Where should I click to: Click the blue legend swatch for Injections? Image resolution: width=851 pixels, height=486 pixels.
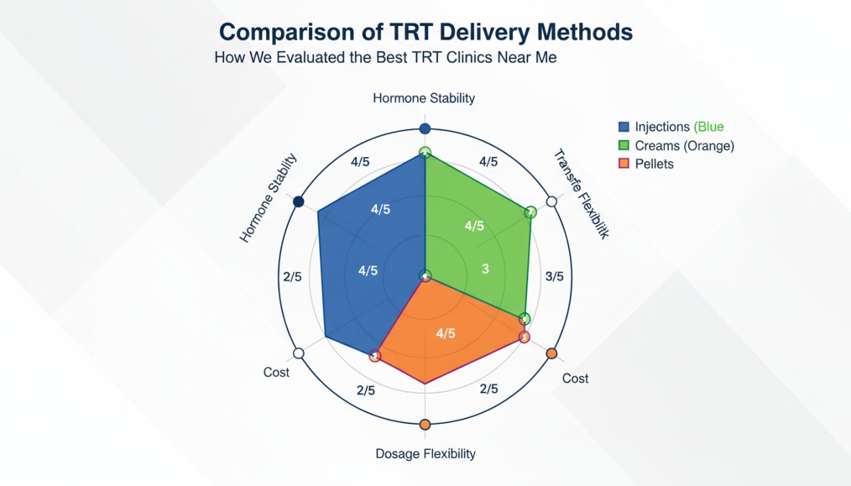[623, 127]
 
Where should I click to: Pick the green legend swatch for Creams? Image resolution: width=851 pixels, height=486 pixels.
[623, 146]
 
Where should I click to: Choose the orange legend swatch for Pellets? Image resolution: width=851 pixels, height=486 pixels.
[623, 164]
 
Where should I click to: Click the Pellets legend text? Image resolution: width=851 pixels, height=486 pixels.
[654, 164]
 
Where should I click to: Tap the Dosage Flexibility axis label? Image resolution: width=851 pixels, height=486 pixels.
[425, 454]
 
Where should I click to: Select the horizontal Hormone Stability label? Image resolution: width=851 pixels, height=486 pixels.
[424, 98]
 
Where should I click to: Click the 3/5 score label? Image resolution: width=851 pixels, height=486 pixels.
[555, 276]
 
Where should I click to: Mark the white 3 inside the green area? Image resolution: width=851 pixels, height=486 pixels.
[485, 269]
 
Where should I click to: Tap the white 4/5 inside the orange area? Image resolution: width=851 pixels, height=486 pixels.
[446, 333]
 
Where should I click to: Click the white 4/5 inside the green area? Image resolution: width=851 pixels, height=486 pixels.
[474, 226]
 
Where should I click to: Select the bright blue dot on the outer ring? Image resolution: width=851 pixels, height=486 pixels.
[425, 129]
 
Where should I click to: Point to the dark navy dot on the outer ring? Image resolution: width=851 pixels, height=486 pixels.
[298, 202]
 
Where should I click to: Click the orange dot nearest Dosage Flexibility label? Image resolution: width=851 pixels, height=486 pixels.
[425, 424]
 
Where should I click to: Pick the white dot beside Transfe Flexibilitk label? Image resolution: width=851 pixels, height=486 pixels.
[552, 202]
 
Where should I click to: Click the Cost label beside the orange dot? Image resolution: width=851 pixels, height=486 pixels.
[575, 379]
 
